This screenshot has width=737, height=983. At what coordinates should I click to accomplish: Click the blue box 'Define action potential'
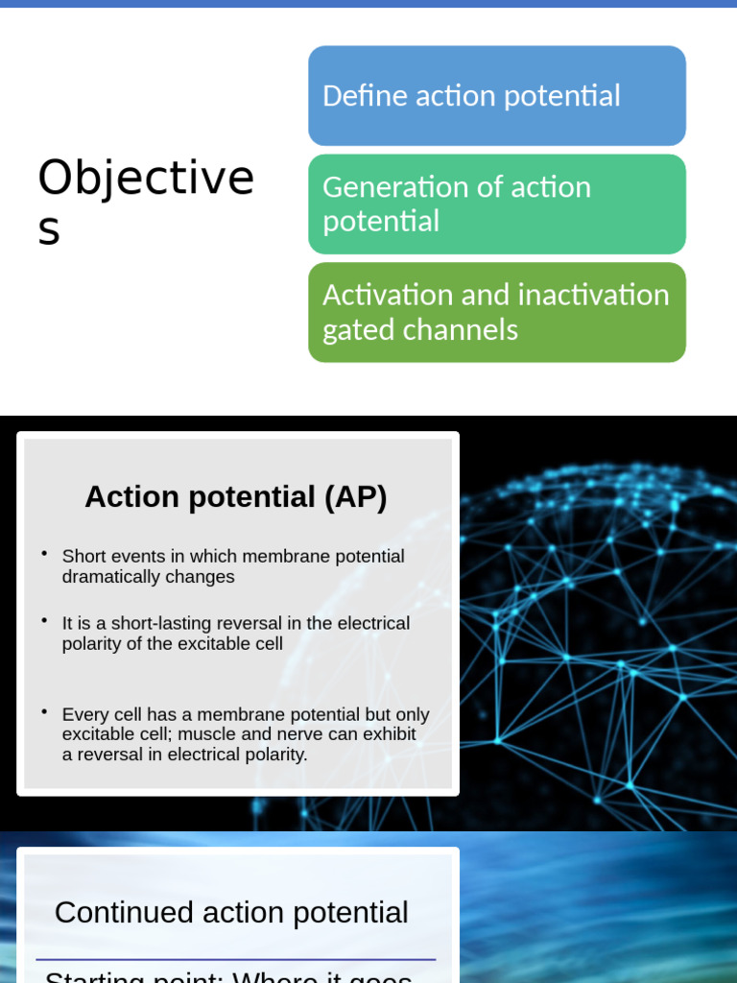[x=496, y=96]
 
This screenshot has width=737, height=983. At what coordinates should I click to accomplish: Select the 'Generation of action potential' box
[x=496, y=204]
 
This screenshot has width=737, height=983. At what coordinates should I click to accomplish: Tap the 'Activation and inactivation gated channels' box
[x=496, y=312]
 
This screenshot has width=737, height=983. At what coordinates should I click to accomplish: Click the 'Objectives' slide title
[x=146, y=201]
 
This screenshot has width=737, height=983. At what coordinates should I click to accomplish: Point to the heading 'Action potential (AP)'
[x=236, y=497]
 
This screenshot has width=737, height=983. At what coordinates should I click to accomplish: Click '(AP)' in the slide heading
[x=355, y=497]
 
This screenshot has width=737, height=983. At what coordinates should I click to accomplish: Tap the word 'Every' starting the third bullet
[x=83, y=714]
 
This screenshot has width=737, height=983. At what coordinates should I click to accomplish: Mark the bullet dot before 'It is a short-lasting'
[x=44, y=620]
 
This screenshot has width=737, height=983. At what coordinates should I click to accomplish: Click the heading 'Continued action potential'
[x=231, y=912]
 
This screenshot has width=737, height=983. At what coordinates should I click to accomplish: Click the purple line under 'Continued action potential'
[x=236, y=959]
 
